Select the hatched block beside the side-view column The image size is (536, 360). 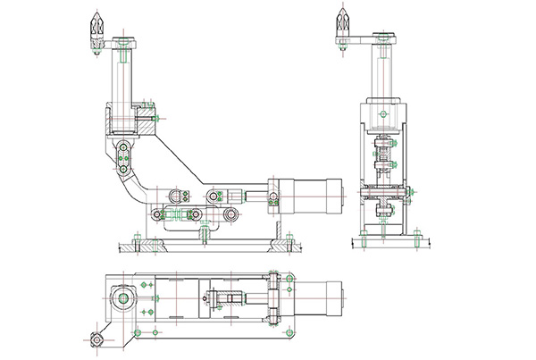146,116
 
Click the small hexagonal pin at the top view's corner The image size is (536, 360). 95,339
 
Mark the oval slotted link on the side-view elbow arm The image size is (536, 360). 123,158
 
